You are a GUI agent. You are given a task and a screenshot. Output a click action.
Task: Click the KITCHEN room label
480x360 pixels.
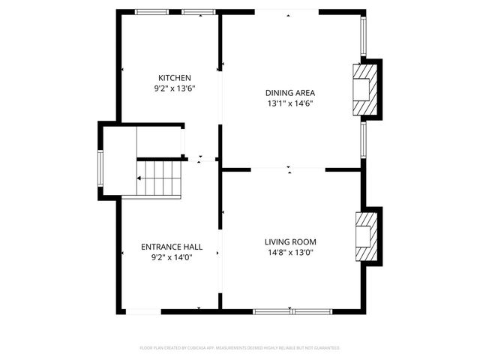(174, 78)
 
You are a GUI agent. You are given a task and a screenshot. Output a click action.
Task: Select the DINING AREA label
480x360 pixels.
(288, 93)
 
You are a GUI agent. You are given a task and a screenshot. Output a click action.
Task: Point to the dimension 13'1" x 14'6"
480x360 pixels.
(288, 103)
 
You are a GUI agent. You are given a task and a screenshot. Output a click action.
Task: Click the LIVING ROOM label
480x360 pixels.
(290, 241)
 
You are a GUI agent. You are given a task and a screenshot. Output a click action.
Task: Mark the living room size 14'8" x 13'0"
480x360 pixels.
(290, 253)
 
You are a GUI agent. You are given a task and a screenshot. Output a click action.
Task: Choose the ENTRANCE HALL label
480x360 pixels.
(172, 246)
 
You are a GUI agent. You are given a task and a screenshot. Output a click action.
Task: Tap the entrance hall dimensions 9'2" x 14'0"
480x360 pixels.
(172, 257)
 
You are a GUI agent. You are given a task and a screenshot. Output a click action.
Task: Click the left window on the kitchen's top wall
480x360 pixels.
(151, 11)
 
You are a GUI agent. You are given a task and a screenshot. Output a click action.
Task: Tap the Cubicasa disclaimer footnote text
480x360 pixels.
(240, 348)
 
